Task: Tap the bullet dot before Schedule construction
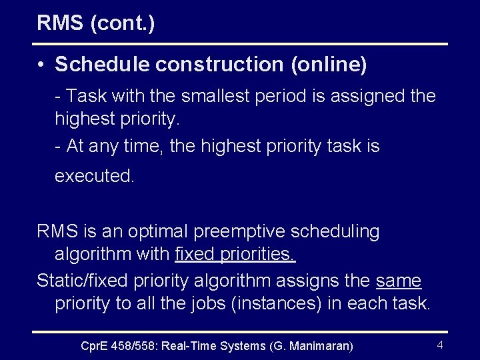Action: click(41, 65)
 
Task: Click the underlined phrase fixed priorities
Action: click(235, 254)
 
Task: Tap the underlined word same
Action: click(398, 281)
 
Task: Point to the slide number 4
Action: click(440, 345)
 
